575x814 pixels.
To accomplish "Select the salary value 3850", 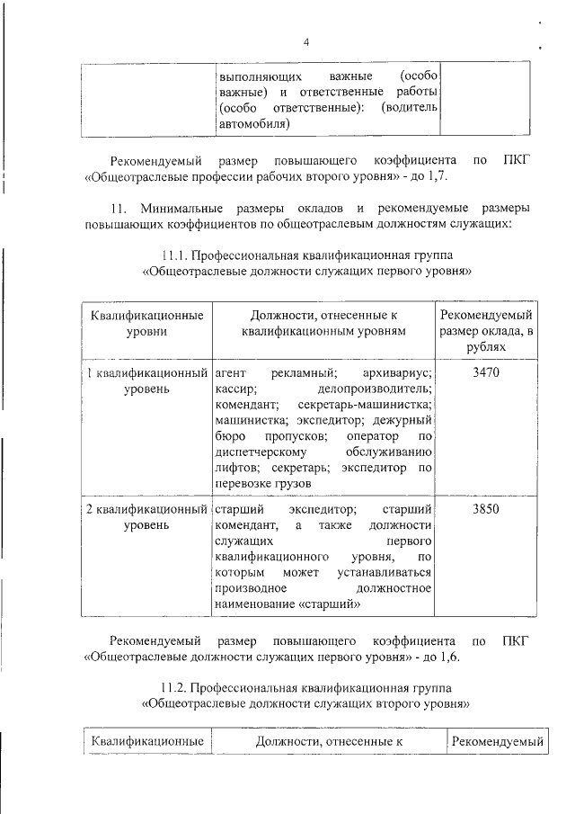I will click(485, 509).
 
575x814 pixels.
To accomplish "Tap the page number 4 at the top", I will click(305, 42).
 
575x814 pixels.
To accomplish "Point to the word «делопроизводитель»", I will click(375, 389).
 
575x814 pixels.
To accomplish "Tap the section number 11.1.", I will click(175, 255).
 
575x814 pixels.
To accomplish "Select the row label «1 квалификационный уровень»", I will click(146, 380).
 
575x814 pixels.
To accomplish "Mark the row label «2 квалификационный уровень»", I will click(146, 517).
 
